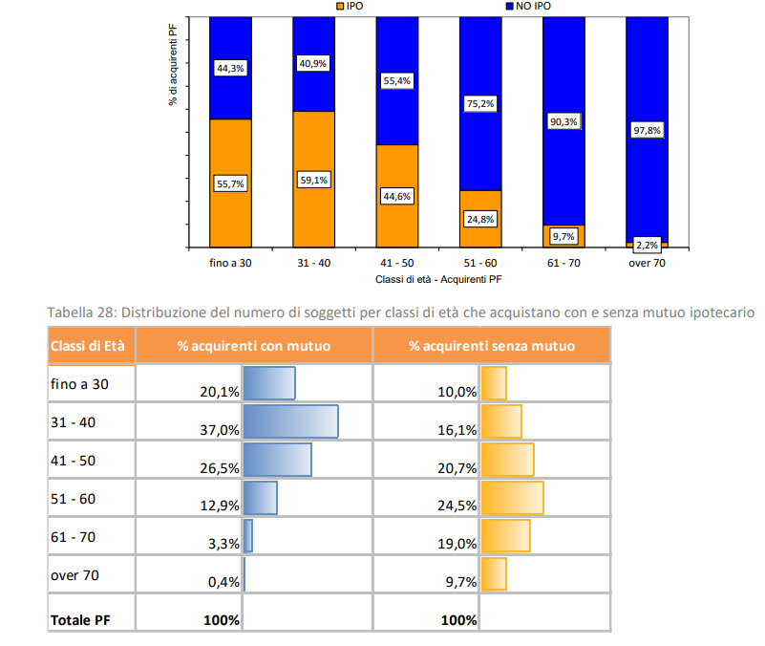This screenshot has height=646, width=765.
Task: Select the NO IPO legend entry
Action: tap(526, 6)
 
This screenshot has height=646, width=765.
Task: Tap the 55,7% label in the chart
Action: tap(230, 184)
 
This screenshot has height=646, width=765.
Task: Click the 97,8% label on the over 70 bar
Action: tap(647, 130)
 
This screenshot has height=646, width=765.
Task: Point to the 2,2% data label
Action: tap(647, 244)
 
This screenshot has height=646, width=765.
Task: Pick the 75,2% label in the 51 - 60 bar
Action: tap(479, 103)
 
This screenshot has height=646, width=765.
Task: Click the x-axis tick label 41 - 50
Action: tap(396, 263)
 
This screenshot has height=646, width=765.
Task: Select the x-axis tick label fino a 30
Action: tap(230, 263)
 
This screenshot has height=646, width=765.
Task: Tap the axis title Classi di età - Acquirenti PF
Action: tap(438, 280)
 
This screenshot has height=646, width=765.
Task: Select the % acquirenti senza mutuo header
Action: tap(491, 345)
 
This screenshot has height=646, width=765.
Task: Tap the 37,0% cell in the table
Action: tap(220, 431)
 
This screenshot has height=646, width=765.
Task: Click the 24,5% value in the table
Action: tap(457, 506)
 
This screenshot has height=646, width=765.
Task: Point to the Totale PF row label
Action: tap(79, 620)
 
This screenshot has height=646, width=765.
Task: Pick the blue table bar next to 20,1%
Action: tap(269, 383)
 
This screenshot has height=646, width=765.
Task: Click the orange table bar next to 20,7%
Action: tap(507, 460)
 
